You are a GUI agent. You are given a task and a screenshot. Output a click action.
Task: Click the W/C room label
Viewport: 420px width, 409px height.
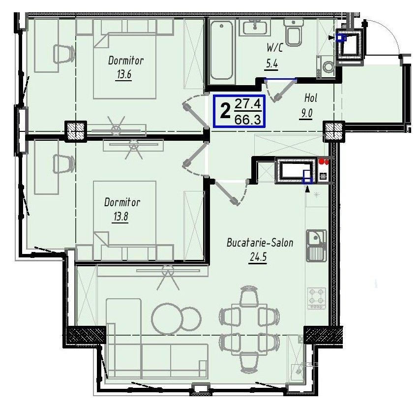tap(274, 48)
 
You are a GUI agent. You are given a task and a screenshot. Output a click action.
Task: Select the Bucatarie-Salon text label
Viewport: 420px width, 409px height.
tap(260, 243)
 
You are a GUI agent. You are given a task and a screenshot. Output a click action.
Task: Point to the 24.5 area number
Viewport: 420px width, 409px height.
tap(258, 257)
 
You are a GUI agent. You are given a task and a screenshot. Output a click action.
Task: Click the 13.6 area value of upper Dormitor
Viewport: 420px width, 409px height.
tap(124, 74)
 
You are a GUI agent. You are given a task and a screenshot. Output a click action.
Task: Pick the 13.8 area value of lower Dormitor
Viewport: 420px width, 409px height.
tap(120, 216)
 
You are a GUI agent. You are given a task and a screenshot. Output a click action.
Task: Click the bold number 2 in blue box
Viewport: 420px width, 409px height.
tap(225, 111)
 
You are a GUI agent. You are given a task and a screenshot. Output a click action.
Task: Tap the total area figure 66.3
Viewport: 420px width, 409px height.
tap(247, 119)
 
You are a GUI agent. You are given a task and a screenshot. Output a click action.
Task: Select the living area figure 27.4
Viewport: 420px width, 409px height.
tap(248, 104)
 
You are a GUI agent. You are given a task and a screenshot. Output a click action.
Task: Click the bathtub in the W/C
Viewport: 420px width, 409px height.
tap(221, 50)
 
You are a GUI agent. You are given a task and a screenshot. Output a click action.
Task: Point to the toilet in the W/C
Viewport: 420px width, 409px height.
tap(293, 32)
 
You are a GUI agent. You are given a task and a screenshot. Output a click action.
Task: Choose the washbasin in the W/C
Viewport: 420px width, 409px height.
tap(255, 28)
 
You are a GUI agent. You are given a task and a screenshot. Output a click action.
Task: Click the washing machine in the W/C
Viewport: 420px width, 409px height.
tap(325, 66)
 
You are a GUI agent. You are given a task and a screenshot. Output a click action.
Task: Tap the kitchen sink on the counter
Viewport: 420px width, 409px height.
tap(316, 245)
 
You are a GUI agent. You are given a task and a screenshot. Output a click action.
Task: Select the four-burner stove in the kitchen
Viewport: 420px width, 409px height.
tap(317, 298)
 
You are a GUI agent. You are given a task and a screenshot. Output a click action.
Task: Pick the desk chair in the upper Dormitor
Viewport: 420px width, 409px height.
tap(64, 55)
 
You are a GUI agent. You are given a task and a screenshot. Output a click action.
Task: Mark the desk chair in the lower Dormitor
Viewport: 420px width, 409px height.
tap(63, 164)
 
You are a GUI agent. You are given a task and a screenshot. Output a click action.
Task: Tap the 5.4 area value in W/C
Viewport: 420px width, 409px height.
tap(271, 63)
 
